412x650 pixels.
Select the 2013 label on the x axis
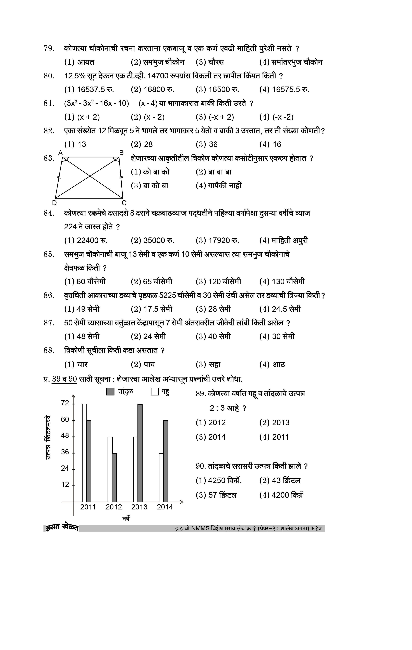pyautogui.click(x=139, y=507)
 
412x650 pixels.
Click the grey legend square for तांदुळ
pyautogui.click(x=110, y=392)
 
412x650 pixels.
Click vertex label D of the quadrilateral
pyautogui.click(x=54, y=203)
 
